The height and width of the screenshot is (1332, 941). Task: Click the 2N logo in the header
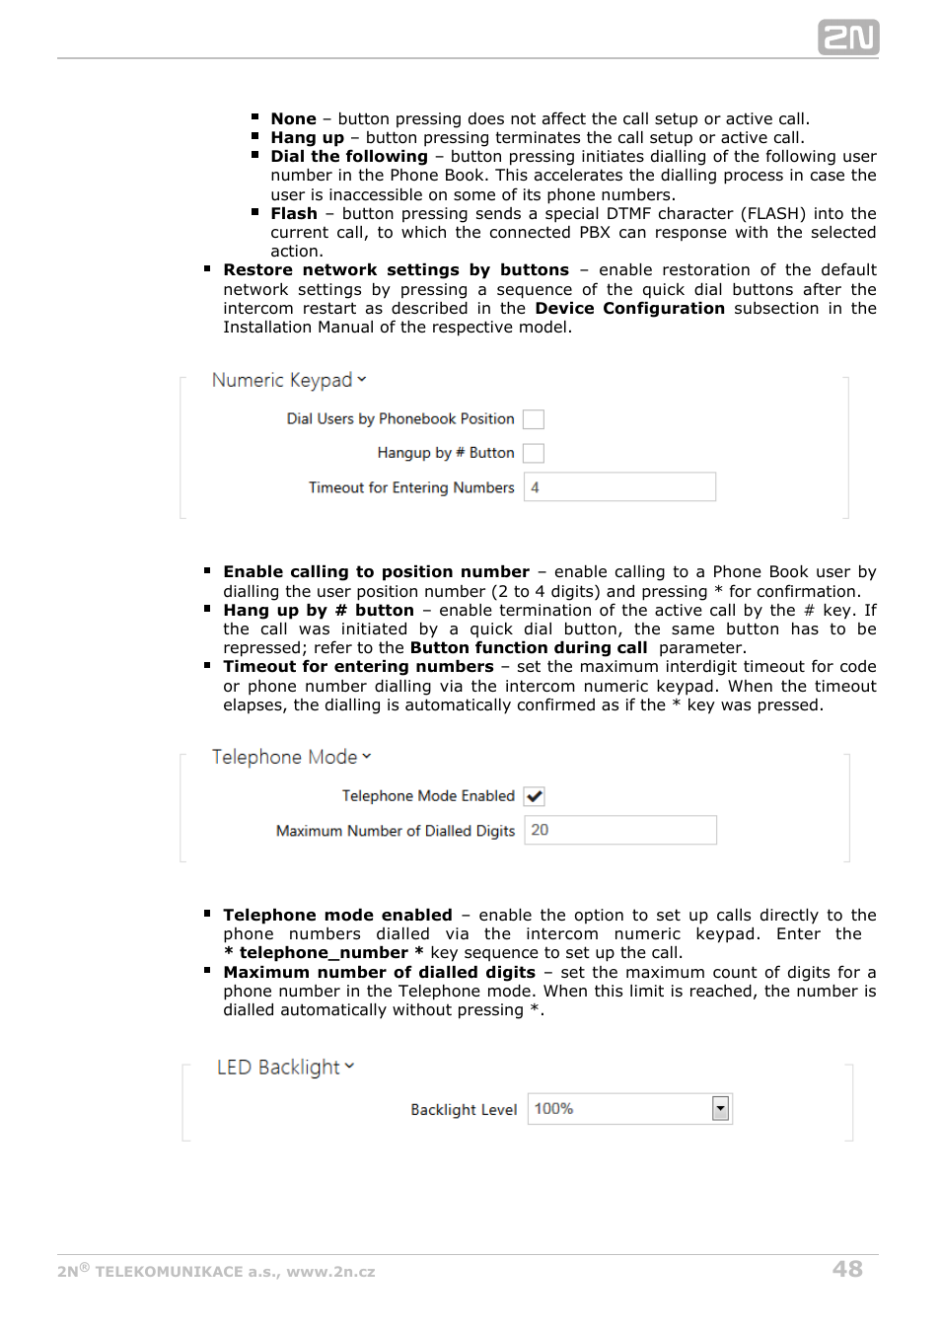[x=847, y=37]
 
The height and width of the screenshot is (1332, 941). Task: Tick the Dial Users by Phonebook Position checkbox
[x=534, y=419]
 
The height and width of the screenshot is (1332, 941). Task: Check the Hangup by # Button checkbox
[x=534, y=453]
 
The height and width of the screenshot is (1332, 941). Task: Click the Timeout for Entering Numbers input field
[x=619, y=487]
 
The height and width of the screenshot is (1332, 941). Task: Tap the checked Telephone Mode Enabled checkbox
[x=534, y=796]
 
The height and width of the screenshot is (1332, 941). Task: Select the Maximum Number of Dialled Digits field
[x=619, y=831]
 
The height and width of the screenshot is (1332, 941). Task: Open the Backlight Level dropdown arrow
[x=721, y=1109]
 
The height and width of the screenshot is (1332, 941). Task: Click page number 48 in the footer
[x=847, y=1269]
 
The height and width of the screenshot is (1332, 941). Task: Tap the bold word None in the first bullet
[x=294, y=118]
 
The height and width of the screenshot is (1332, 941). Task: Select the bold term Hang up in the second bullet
[x=308, y=138]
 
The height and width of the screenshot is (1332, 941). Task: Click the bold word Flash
[x=294, y=214]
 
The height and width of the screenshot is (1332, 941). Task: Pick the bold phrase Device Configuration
[x=629, y=309]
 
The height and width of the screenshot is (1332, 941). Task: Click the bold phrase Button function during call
[x=529, y=648]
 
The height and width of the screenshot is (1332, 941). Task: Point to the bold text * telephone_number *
[x=324, y=953]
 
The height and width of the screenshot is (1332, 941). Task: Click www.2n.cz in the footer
[x=330, y=1272]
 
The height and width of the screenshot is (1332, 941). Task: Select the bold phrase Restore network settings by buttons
[x=396, y=270]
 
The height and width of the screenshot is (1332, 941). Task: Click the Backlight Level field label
[x=464, y=1110]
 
